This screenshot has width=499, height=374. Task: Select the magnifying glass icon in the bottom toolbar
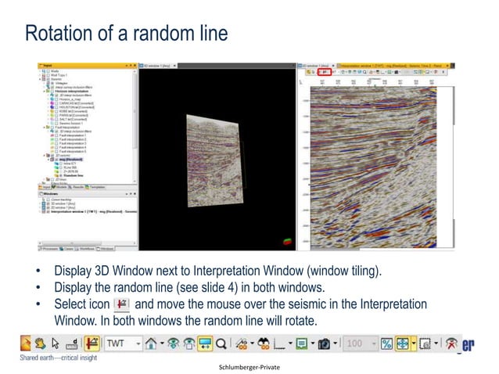(222, 343)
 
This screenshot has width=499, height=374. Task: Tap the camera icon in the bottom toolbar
(323, 343)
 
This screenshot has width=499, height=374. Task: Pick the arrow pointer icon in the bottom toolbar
(55, 343)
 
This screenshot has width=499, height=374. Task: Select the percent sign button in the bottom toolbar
(386, 343)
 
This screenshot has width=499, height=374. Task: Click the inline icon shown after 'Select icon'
(122, 305)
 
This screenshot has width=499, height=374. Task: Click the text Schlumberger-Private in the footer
(249, 366)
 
